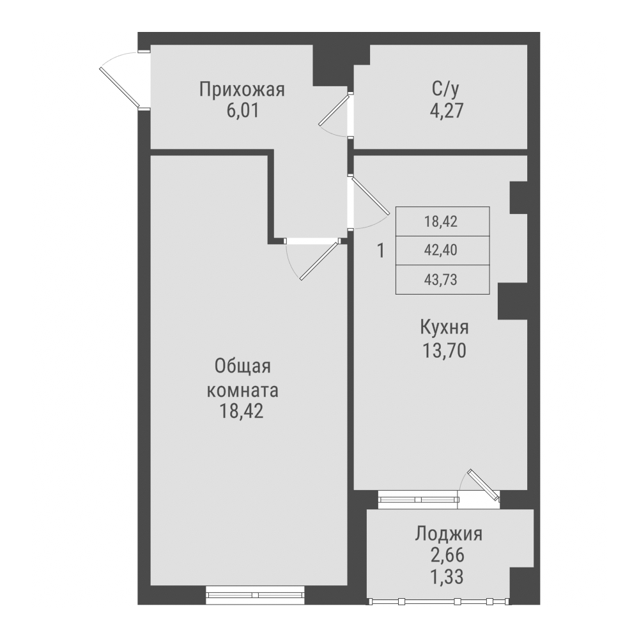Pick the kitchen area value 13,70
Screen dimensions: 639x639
point(445,351)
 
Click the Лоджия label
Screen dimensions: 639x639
point(448,534)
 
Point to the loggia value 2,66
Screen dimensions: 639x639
point(448,555)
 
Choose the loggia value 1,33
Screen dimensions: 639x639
point(448,576)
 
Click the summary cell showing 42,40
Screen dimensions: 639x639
point(442,250)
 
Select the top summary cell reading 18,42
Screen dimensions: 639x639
point(442,222)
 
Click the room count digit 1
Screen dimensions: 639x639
point(381,250)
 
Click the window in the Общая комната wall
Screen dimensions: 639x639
point(254,595)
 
